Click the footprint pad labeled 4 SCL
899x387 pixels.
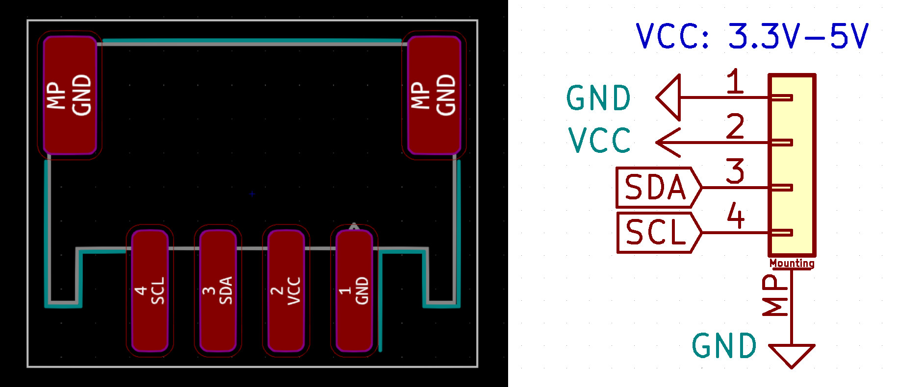(x=150, y=291)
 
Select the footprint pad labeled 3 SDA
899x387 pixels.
(x=218, y=291)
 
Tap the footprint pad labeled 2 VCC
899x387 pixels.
(x=286, y=291)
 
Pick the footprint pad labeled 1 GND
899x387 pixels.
(x=354, y=291)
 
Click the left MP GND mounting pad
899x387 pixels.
(x=70, y=95)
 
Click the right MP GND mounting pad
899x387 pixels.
(x=434, y=95)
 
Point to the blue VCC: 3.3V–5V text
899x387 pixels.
(x=752, y=36)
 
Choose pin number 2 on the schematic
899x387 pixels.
(x=735, y=126)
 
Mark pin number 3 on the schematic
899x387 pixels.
(x=735, y=171)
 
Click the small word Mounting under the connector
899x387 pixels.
(x=792, y=264)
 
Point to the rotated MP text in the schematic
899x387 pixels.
(x=775, y=295)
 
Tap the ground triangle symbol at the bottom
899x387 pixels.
(x=792, y=354)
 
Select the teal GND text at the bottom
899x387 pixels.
(x=724, y=346)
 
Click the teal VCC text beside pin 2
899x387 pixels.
(x=599, y=141)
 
